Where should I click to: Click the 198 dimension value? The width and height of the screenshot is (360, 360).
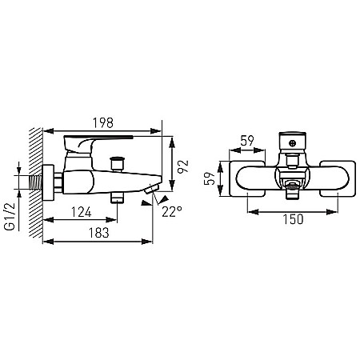103,123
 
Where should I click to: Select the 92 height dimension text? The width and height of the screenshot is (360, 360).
183,166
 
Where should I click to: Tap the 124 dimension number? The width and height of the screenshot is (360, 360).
82,212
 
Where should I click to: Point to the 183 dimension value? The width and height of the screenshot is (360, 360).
99,233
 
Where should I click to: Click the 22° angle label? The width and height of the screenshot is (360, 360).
172,212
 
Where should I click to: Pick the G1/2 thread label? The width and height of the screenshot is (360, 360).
10,216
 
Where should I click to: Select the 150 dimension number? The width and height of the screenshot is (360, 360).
293,219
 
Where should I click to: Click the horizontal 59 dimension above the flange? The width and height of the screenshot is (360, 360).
247,141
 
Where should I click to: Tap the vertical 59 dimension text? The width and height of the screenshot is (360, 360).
210,178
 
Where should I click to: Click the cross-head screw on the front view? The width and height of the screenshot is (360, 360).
293,143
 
